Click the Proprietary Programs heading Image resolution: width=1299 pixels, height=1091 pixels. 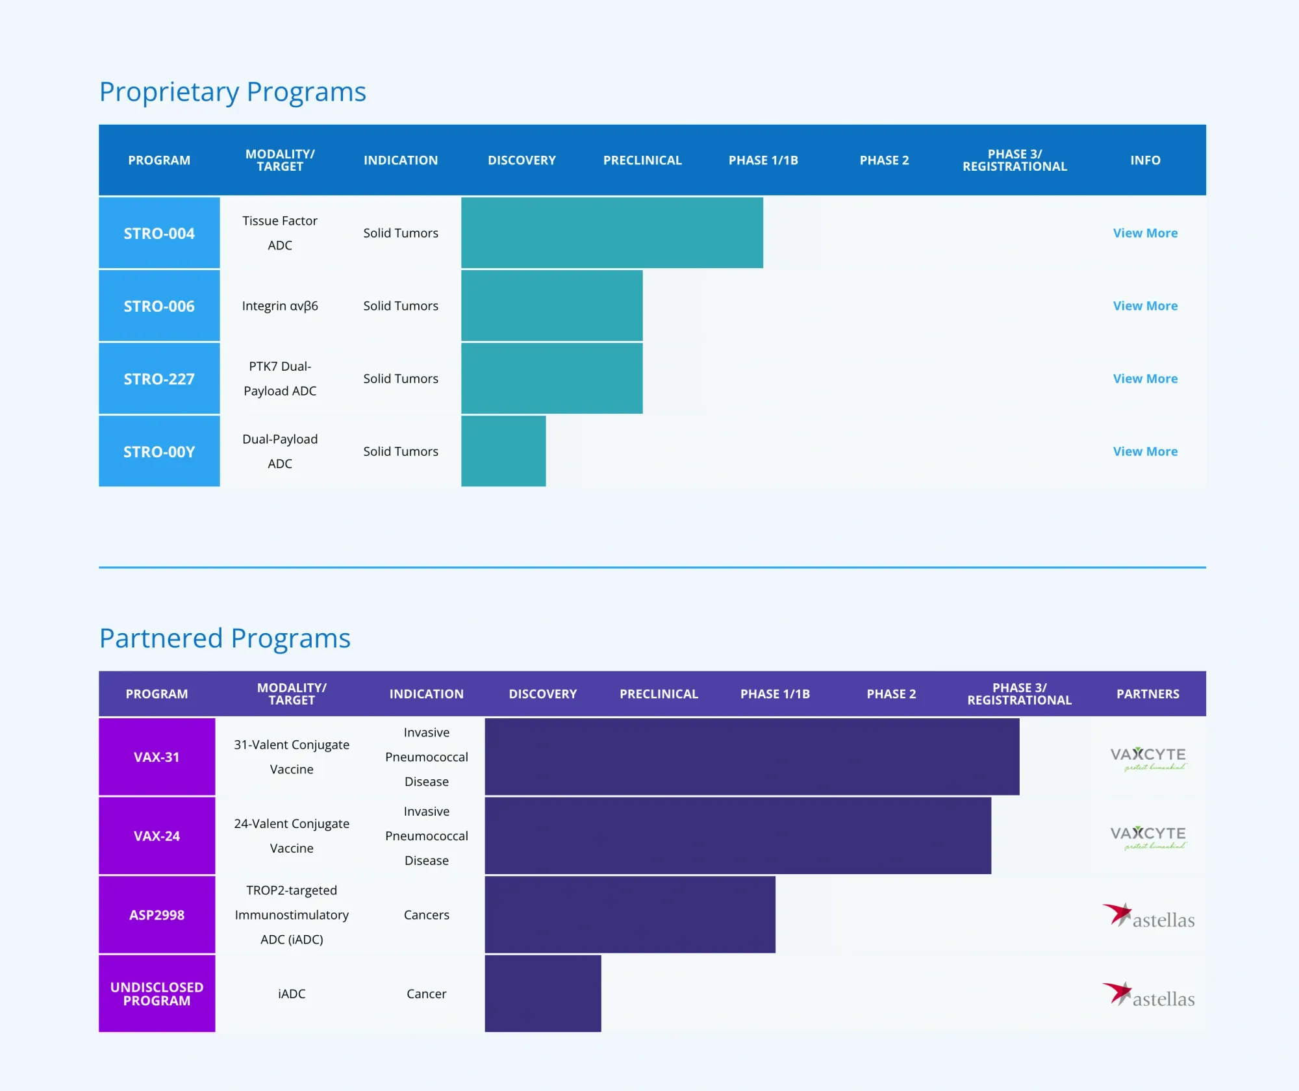[233, 92]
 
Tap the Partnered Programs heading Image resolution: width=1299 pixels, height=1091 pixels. [225, 638]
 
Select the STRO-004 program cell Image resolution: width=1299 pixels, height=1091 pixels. [159, 233]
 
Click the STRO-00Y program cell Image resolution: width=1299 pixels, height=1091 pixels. [159, 451]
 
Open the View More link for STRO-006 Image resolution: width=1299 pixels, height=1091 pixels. [1145, 306]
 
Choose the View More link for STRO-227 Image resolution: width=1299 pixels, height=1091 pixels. [1145, 379]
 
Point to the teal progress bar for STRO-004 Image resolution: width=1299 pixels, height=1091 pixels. [612, 233]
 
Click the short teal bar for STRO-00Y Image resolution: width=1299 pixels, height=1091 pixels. [503, 451]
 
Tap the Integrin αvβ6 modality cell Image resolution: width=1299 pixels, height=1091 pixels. [280, 306]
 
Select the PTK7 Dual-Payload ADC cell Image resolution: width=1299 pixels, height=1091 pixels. [280, 379]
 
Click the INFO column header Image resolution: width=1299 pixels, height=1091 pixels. [1145, 160]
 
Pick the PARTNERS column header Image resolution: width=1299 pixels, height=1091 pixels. [1148, 694]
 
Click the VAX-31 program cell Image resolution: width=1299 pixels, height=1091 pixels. [157, 757]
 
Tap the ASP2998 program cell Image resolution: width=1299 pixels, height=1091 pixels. [157, 915]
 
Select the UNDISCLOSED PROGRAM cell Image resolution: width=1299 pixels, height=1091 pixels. [157, 994]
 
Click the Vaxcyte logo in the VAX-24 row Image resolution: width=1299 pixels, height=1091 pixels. [1148, 837]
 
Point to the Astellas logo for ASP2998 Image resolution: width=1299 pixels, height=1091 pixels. [1148, 916]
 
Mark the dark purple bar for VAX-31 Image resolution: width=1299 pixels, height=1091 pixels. [752, 757]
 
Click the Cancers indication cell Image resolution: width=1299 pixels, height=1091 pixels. [426, 915]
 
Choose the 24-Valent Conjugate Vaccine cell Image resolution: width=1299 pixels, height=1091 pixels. [292, 836]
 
